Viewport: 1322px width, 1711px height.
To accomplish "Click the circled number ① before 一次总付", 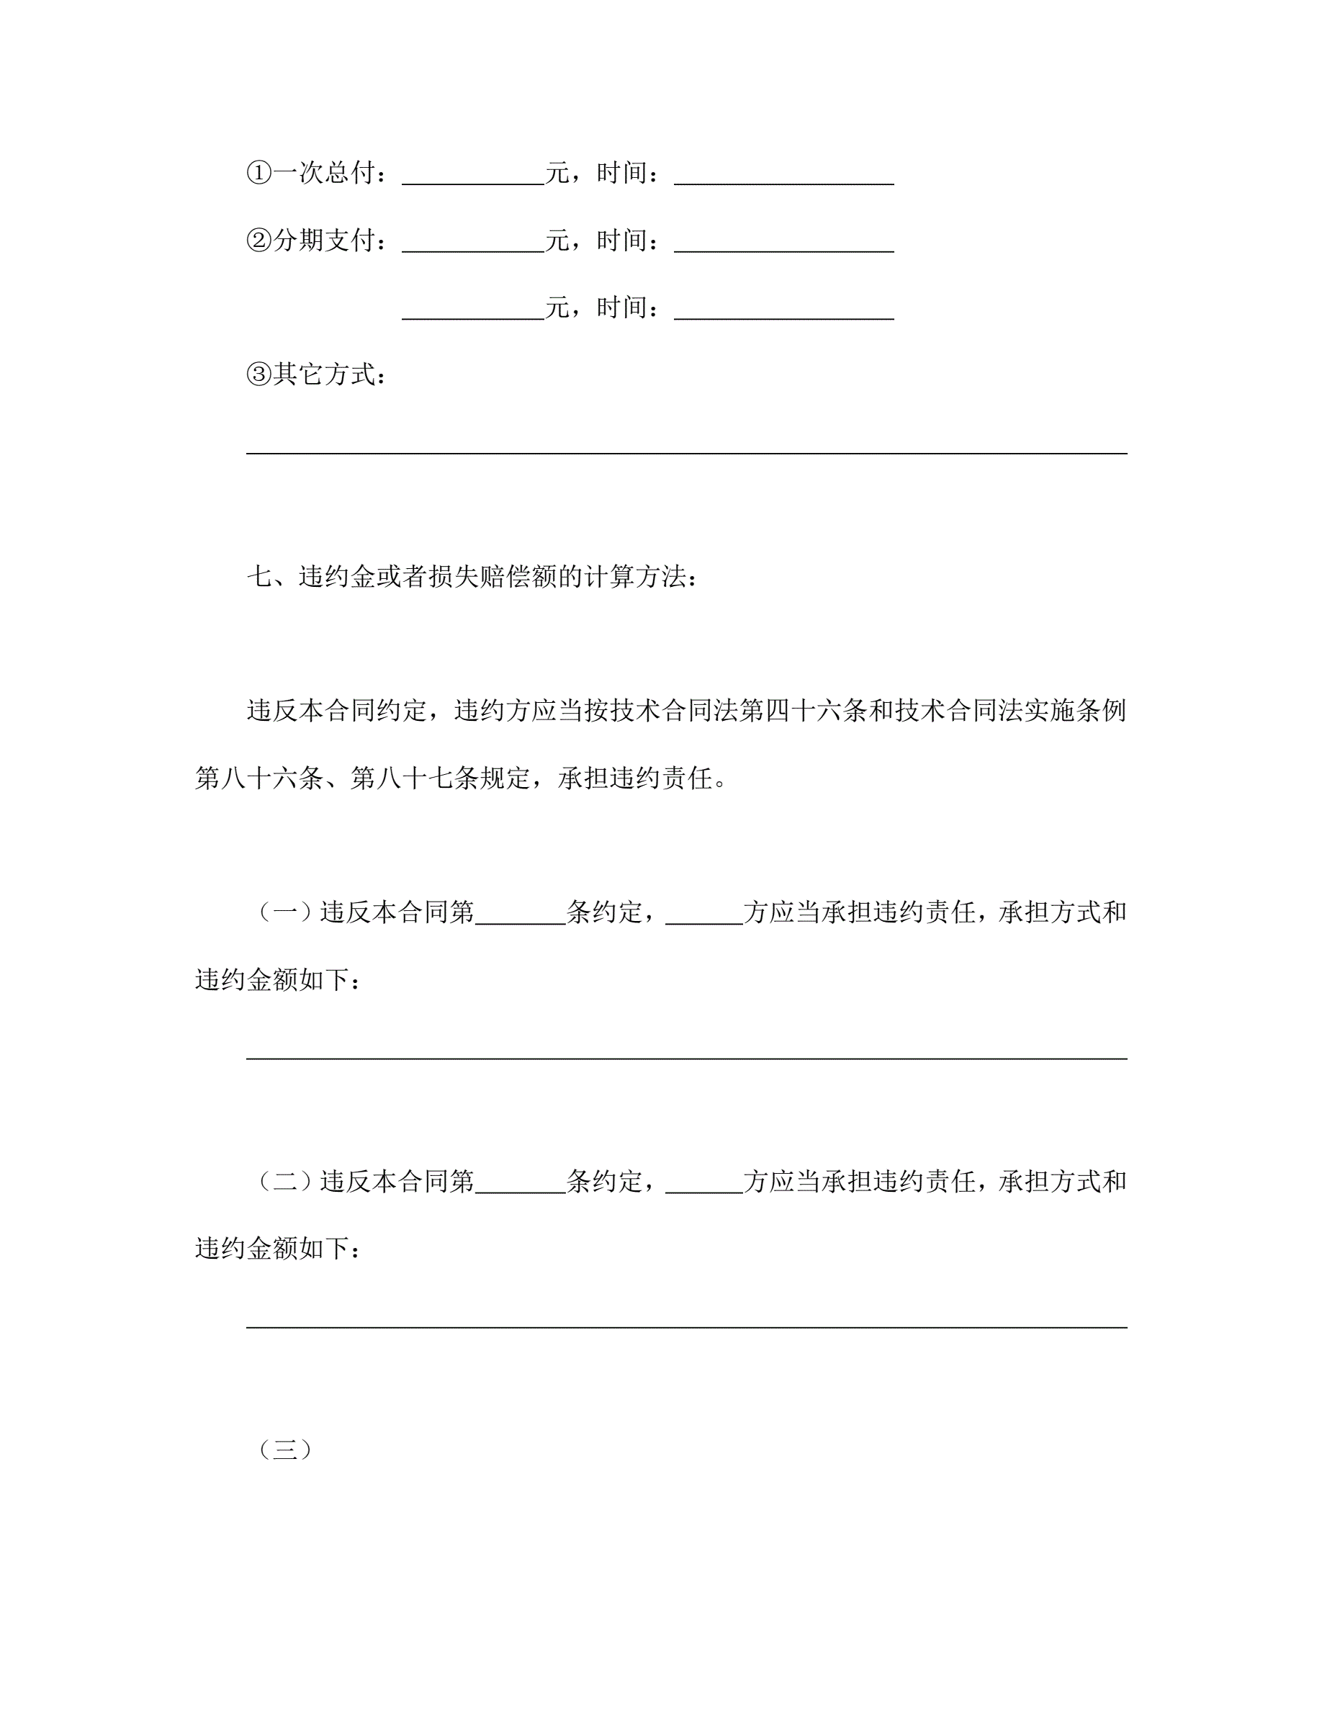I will point(258,172).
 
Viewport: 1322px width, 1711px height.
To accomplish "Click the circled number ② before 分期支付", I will point(258,240).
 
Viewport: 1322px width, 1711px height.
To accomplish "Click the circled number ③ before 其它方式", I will point(258,374).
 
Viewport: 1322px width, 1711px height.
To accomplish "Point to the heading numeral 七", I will point(259,578).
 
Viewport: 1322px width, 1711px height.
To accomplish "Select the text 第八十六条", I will point(258,778).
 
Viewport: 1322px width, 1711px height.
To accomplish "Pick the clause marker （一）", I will point(285,912).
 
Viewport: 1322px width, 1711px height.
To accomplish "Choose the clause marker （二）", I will point(285,1180).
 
